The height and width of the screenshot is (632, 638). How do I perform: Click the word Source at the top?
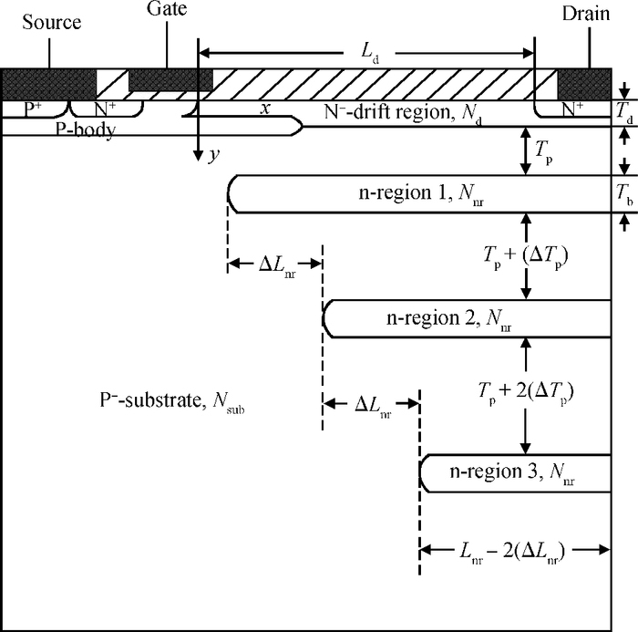click(x=52, y=22)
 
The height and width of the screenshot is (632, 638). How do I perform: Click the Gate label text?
click(x=167, y=8)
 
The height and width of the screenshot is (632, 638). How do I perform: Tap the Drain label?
click(x=586, y=14)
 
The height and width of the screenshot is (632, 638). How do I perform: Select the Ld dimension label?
click(x=370, y=53)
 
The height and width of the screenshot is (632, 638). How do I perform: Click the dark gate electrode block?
click(x=171, y=80)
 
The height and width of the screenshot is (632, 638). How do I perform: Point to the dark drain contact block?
click(x=584, y=84)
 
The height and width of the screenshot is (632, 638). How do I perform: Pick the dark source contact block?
click(x=49, y=84)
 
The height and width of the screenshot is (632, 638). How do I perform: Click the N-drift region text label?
click(x=403, y=113)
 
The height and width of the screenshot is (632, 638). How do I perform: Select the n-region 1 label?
click(x=421, y=193)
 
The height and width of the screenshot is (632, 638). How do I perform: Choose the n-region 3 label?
click(x=512, y=472)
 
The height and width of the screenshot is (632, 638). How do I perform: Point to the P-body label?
click(x=86, y=130)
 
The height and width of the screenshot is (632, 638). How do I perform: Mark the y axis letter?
click(x=214, y=155)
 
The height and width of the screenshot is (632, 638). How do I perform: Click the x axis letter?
click(x=265, y=109)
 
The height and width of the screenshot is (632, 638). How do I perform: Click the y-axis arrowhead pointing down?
click(x=198, y=156)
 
